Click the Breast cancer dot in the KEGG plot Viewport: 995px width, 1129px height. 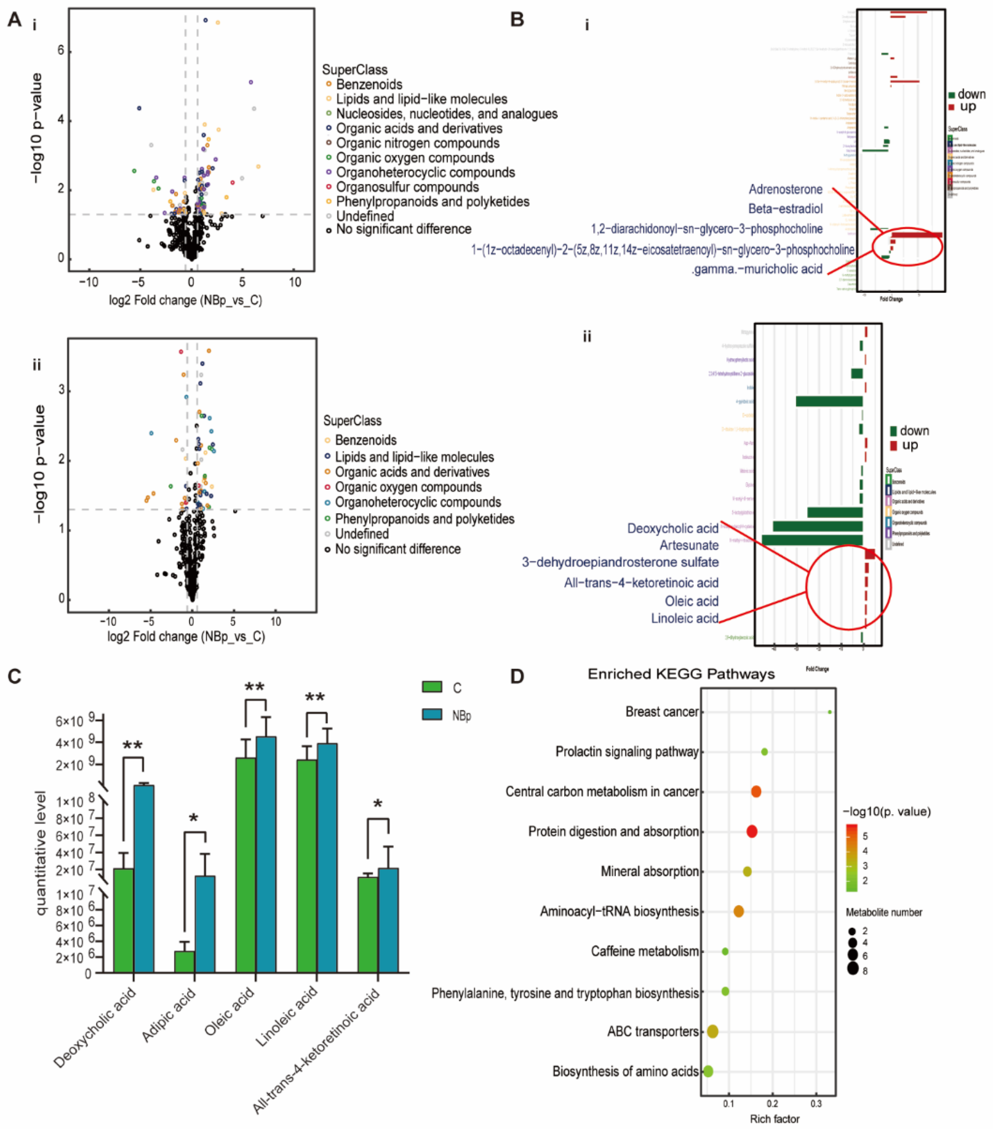coord(830,712)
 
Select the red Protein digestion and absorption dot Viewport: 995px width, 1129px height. coord(752,831)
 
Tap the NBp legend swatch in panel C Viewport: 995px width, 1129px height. coord(432,715)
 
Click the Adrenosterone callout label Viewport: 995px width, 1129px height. coord(785,190)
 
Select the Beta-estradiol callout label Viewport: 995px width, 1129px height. coord(785,209)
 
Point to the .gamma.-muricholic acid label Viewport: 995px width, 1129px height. coord(757,269)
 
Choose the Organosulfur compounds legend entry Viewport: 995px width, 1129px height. coord(407,187)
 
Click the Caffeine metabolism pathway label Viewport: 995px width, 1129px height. coord(645,951)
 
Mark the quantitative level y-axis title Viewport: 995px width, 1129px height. coord(42,853)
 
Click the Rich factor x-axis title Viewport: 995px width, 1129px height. coord(775,1119)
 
